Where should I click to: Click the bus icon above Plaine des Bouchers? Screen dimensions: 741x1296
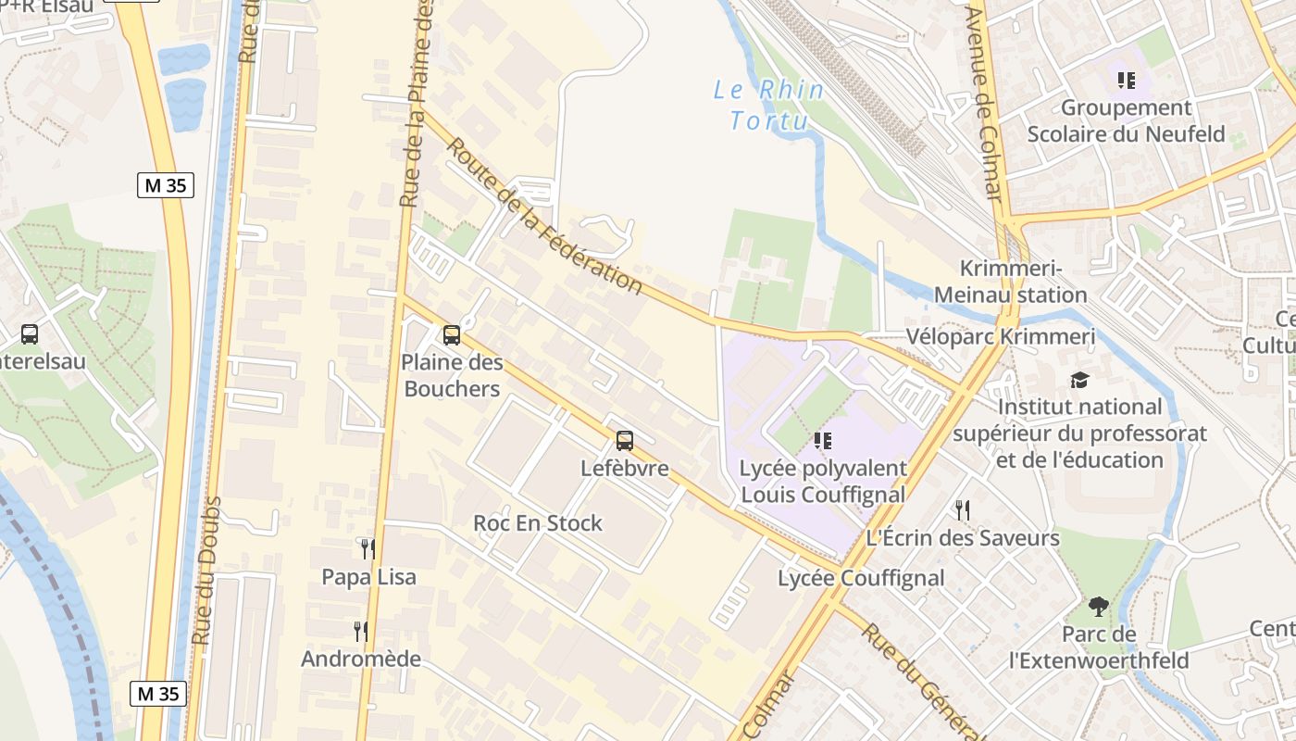point(452,335)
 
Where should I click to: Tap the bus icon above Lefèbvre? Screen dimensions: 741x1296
point(625,441)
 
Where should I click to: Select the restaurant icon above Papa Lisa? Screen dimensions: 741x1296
point(368,548)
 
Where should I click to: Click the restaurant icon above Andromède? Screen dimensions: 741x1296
point(361,632)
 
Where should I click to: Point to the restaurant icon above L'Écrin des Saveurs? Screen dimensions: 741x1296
point(963,509)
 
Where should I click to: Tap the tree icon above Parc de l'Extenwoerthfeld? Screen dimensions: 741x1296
point(1099,607)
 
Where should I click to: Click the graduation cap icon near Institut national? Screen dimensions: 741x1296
point(1079,380)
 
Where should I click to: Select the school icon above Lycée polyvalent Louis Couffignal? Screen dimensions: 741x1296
point(822,441)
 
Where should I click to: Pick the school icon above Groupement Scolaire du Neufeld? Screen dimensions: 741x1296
point(1126,81)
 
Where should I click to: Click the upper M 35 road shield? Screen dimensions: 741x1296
point(166,185)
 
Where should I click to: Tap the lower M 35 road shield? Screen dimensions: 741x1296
point(158,693)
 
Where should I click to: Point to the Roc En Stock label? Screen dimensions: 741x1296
point(538,523)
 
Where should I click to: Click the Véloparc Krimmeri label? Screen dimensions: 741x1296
point(1001,337)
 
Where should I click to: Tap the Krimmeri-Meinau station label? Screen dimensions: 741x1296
point(1010,282)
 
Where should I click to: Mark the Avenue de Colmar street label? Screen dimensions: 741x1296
point(984,102)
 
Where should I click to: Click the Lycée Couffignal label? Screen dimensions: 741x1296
point(861,579)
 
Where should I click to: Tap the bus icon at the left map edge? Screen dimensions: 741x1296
point(30,333)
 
